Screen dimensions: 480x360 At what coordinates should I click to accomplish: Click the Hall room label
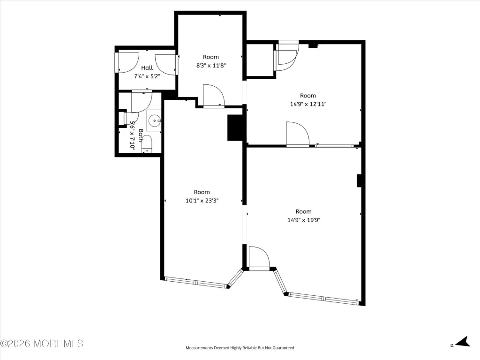pos(147,67)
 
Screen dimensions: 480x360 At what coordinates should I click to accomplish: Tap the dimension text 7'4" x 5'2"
pos(147,76)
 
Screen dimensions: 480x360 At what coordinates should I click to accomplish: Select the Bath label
pos(141,135)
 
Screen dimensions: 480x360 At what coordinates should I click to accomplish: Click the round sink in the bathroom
pos(154,120)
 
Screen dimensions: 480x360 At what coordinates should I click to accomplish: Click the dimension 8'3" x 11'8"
pos(211,65)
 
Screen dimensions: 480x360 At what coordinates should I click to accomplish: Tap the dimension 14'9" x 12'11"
pos(308,104)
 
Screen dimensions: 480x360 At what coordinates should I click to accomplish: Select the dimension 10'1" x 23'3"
pos(202,201)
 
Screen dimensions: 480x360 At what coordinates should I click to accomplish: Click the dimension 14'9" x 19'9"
pos(304,220)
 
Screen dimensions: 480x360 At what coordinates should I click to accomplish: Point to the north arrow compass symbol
pos(463,342)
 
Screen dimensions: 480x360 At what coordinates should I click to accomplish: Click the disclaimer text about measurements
pos(240,348)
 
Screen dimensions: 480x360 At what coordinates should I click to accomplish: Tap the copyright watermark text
pos(42,344)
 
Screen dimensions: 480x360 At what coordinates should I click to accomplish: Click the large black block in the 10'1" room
pos(235,127)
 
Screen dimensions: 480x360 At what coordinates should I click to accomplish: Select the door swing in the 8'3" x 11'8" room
pos(214,96)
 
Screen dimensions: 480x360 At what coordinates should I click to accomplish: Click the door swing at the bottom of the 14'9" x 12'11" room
pos(298,135)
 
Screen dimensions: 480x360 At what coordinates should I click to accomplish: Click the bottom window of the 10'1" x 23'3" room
pos(196,283)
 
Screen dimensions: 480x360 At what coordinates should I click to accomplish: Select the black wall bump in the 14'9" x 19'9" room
pos(360,180)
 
